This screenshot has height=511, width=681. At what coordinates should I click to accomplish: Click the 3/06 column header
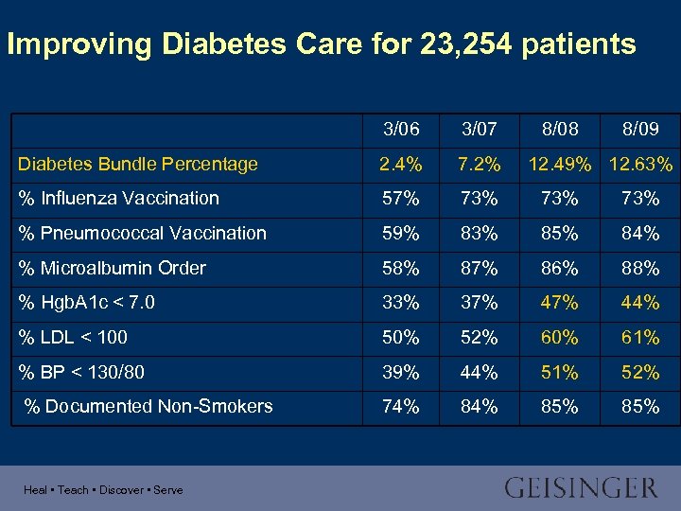tap(401, 129)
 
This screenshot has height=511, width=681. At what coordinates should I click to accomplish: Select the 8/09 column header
tap(640, 129)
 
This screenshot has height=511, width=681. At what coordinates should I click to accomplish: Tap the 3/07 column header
tap(478, 129)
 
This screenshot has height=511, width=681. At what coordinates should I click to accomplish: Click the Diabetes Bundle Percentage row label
tap(138, 164)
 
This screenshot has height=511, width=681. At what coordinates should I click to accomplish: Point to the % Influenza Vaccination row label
tap(118, 198)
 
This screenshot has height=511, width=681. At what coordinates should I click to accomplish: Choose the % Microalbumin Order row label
tap(112, 268)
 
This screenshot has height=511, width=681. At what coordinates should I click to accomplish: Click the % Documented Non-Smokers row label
tap(148, 406)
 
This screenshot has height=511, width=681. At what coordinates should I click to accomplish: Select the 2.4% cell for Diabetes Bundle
tap(401, 164)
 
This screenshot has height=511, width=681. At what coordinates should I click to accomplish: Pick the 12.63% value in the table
tap(640, 164)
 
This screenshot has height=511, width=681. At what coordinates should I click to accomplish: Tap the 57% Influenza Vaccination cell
tap(401, 199)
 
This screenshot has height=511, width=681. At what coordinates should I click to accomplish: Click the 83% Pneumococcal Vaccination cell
tap(478, 234)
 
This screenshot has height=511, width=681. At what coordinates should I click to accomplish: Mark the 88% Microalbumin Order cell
tap(640, 269)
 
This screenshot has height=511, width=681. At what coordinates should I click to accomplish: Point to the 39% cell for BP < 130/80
tap(401, 372)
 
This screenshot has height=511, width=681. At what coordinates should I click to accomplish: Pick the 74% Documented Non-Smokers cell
tap(401, 407)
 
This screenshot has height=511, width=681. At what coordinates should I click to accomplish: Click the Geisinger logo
tap(580, 488)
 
